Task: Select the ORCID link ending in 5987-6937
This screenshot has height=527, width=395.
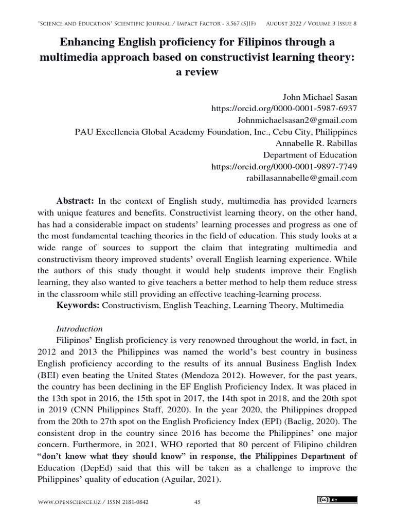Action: point(284,109)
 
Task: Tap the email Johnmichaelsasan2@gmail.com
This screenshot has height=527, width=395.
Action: point(297,120)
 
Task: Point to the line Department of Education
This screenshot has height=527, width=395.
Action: point(310,155)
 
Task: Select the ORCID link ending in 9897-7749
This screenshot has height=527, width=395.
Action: point(284,167)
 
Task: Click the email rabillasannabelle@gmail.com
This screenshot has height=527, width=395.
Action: point(301,178)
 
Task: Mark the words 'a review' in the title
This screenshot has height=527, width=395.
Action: point(197,72)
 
